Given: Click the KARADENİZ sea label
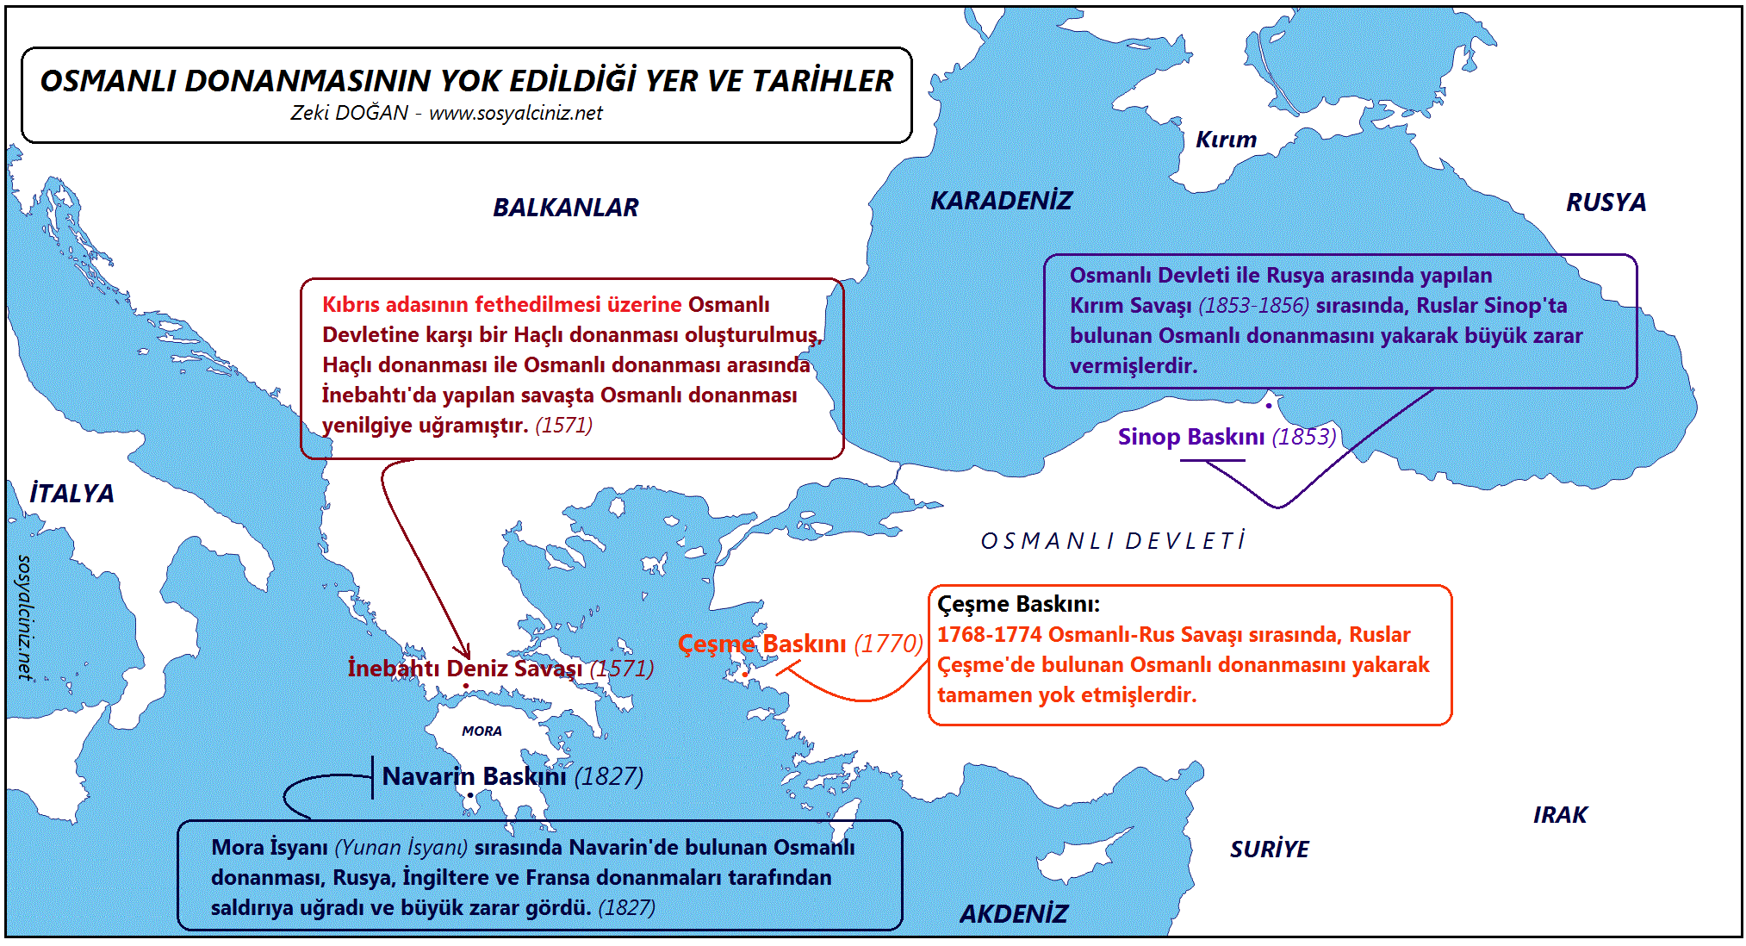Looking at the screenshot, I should click(1001, 201).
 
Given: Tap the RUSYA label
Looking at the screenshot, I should click(1606, 202).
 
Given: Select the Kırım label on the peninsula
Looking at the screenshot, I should click(1226, 140).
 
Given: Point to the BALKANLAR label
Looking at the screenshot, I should click(565, 208).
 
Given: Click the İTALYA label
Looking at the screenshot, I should click(71, 494).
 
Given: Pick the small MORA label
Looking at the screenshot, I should click(482, 731).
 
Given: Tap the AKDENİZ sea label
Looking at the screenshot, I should click(1014, 914).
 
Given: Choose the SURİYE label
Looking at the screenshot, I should click(1269, 850).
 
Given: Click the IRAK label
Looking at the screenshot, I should click(1559, 815).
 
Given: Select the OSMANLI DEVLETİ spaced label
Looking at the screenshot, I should click(1113, 541).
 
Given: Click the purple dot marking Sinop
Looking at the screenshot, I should click(1269, 405).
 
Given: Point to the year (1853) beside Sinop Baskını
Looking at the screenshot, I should click(1304, 437).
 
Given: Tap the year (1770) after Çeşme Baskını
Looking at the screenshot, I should click(888, 644).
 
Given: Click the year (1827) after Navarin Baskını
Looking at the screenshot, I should click(608, 777).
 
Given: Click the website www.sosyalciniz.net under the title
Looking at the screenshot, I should click(515, 113).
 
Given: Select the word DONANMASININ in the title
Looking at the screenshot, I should click(308, 81).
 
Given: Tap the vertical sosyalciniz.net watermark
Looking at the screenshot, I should click(25, 617).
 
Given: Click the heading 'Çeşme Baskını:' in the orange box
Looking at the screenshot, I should click(1018, 604).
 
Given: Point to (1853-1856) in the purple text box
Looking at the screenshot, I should click(1253, 306).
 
